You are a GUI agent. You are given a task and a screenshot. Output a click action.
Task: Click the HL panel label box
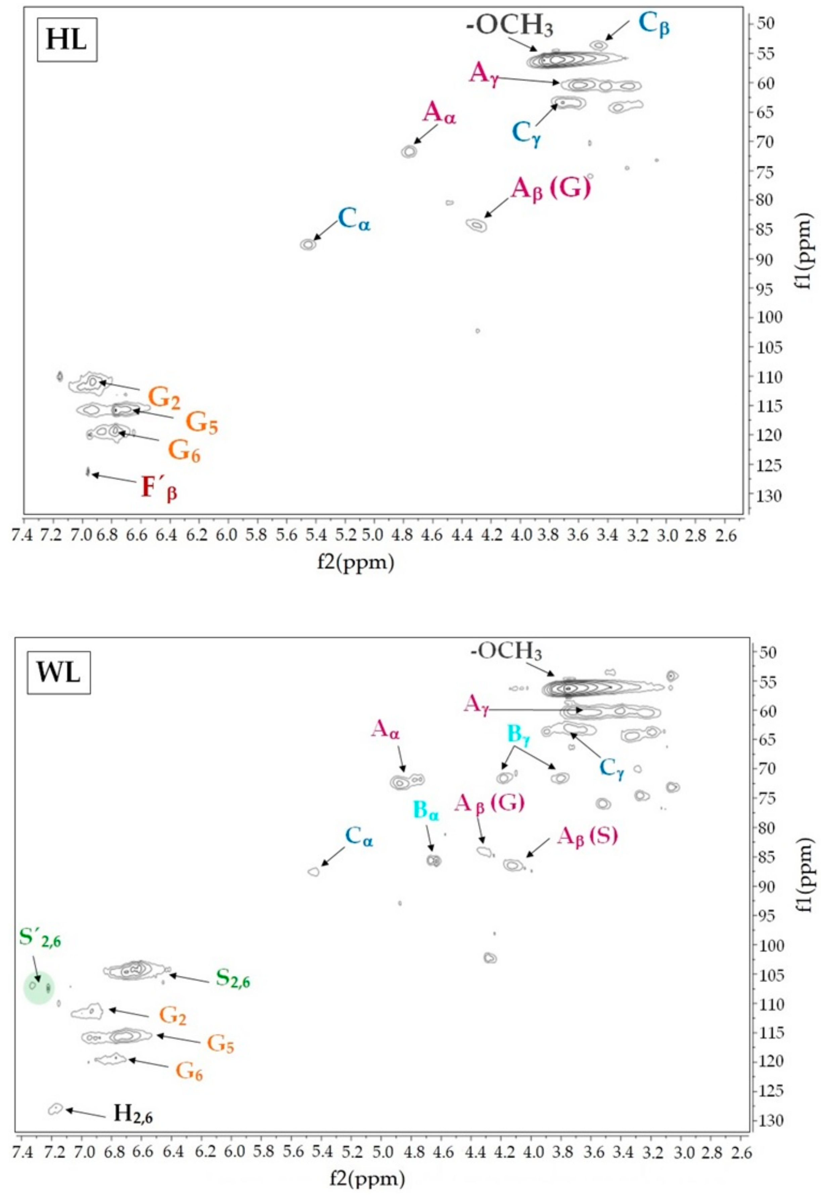(67, 40)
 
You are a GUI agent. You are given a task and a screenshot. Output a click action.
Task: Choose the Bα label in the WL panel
(426, 809)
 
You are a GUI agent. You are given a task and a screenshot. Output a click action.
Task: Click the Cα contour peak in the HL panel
(308, 245)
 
